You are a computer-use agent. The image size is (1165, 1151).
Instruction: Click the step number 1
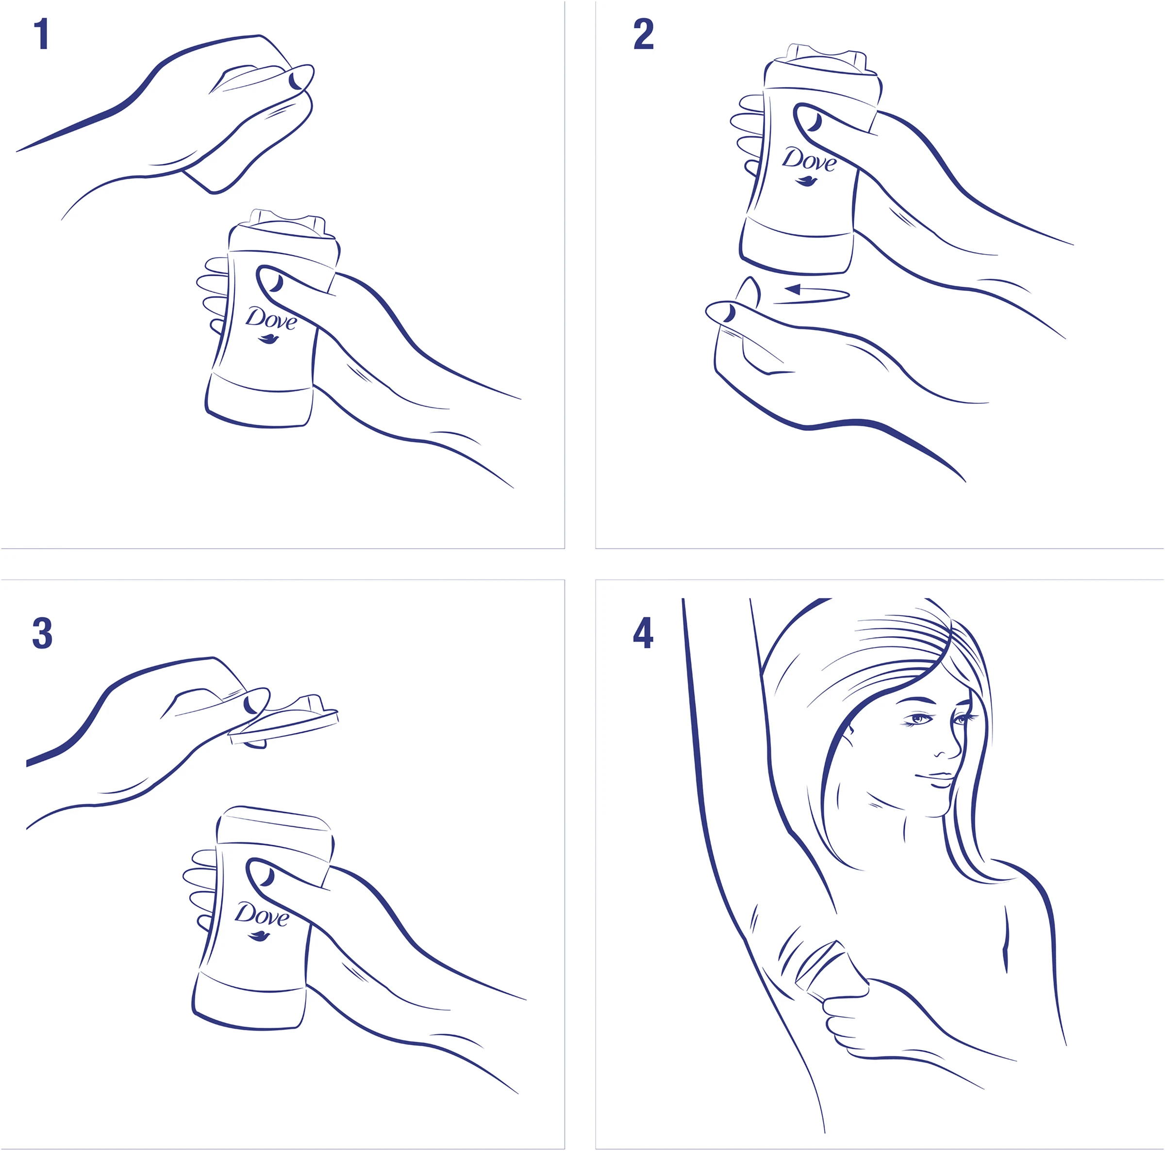point(41,34)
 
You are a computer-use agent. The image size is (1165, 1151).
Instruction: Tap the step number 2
point(643,34)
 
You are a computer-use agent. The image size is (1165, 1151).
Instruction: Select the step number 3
point(42,633)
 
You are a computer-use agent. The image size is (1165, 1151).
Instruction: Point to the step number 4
point(643,633)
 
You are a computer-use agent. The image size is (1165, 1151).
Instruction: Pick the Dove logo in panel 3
point(261,916)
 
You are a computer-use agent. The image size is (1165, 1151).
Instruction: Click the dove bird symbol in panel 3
point(259,937)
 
